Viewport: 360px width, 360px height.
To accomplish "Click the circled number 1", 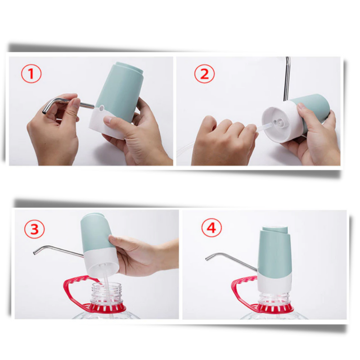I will (x=31, y=74).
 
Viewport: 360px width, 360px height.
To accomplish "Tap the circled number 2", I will (x=204, y=74).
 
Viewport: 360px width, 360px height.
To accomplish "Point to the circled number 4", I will (x=211, y=229).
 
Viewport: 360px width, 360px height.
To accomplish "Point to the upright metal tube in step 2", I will (x=286, y=79).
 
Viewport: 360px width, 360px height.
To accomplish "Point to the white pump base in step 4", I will (x=274, y=281).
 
